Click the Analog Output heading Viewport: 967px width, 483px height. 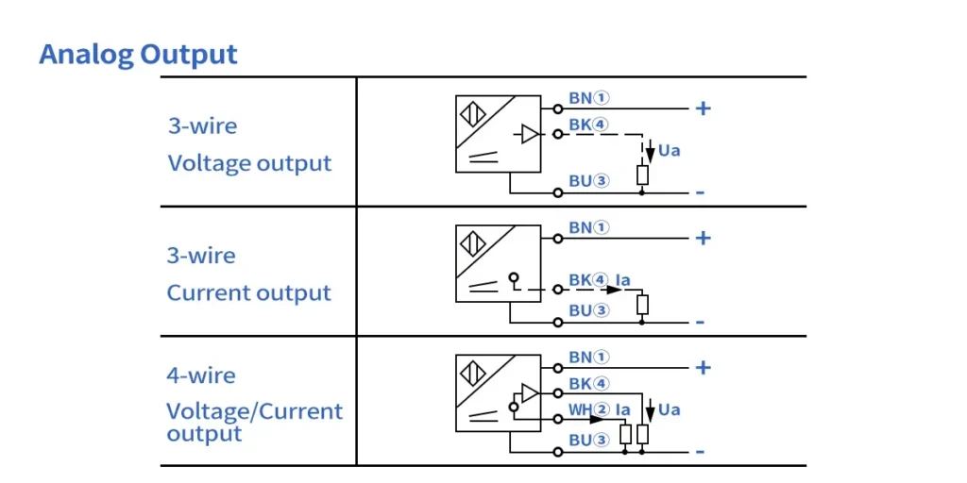tap(138, 55)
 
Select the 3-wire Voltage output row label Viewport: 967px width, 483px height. tap(249, 144)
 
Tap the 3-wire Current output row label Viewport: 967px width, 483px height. tap(249, 275)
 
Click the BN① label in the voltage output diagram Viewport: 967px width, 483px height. tap(589, 98)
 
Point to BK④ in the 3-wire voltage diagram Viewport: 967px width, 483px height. tap(589, 124)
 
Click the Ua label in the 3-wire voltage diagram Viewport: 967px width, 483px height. tap(669, 150)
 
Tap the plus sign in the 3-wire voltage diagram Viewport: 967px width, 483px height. tap(703, 108)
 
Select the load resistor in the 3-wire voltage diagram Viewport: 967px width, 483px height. tap(642, 175)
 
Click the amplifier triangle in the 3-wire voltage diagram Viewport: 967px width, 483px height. tap(530, 135)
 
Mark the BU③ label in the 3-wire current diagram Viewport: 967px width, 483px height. tap(589, 309)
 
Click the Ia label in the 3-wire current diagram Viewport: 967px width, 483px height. tap(622, 280)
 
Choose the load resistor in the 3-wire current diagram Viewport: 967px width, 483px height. tap(642, 304)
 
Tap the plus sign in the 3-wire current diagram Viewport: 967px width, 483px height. tap(703, 238)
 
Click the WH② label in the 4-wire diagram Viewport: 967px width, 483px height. tap(589, 409)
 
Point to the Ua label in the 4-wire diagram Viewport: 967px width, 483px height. tap(669, 409)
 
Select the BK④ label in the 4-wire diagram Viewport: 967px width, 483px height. tap(589, 384)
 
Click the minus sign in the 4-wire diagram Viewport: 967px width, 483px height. tap(700, 453)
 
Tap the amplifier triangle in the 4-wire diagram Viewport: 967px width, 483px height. tap(530, 391)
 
